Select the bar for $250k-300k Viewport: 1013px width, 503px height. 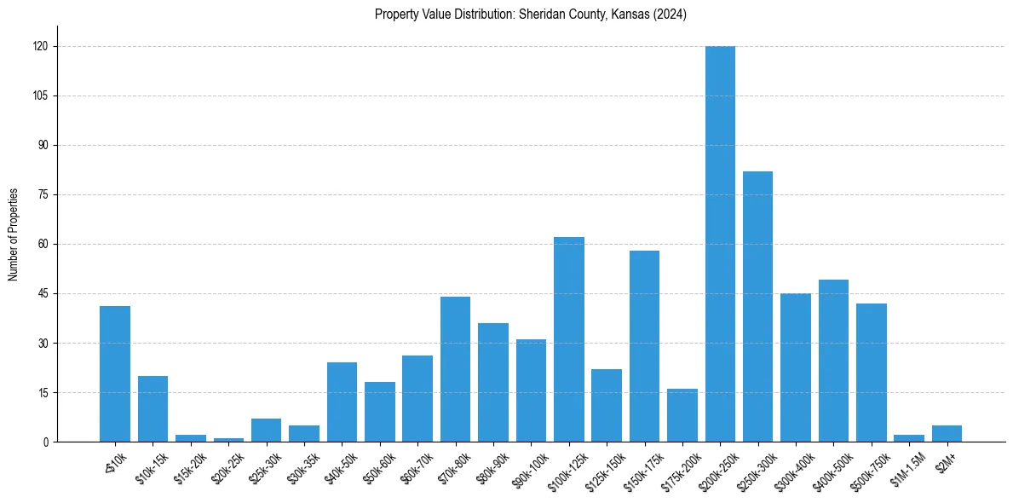(x=757, y=307)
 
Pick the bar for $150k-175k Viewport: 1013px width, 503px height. (x=644, y=346)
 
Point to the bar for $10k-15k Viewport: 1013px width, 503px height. (x=153, y=409)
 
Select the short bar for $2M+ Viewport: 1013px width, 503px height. (x=947, y=434)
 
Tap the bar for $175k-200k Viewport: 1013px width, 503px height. (x=682, y=415)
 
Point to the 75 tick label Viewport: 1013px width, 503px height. (x=42, y=194)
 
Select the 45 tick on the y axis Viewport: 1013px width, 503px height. (x=42, y=293)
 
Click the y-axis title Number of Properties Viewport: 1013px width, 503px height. (x=13, y=234)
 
